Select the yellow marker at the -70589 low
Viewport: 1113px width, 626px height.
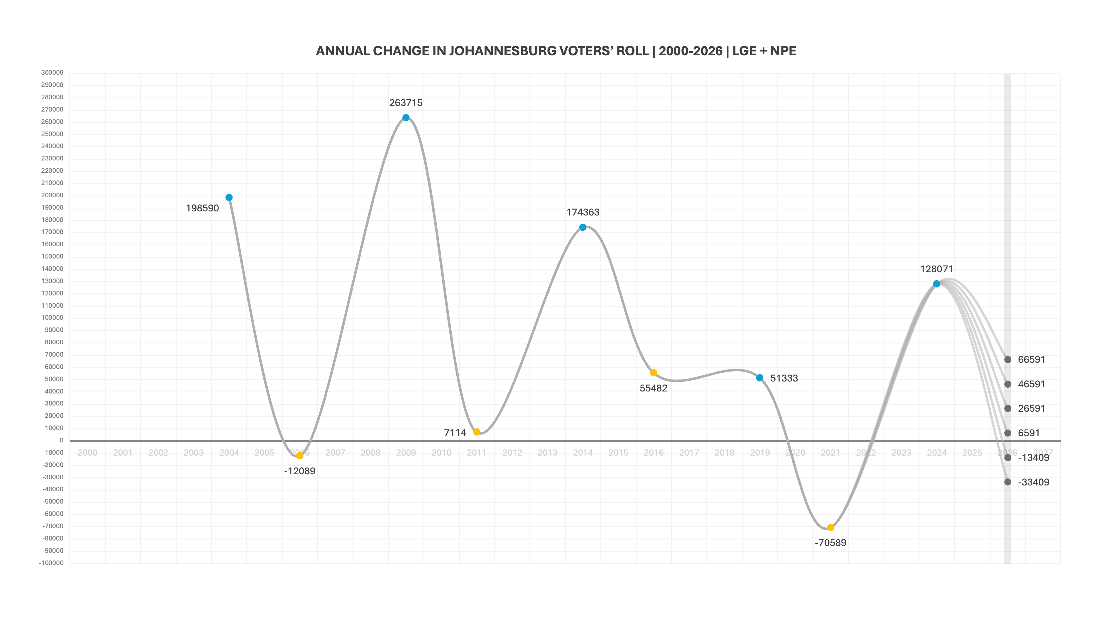click(x=830, y=528)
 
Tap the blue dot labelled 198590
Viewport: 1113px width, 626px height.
click(x=229, y=197)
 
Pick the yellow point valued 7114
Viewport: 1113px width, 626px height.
click(x=477, y=432)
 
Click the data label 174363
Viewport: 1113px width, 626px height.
click(x=583, y=212)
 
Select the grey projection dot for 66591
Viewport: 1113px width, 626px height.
click(x=1008, y=360)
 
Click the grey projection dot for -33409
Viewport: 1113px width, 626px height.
click(x=1008, y=482)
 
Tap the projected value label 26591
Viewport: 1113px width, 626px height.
click(x=1031, y=408)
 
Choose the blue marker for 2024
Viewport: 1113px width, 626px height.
click(x=936, y=284)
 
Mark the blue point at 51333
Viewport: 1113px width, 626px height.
click(x=759, y=378)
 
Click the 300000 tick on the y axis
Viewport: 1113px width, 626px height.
click(x=52, y=73)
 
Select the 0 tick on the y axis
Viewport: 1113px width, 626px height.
click(x=61, y=440)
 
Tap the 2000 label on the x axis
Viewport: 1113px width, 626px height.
click(x=87, y=453)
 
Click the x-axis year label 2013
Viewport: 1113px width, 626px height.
click(x=547, y=453)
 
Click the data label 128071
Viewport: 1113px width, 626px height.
click(x=936, y=269)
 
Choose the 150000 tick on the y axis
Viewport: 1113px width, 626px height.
click(x=52, y=256)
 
